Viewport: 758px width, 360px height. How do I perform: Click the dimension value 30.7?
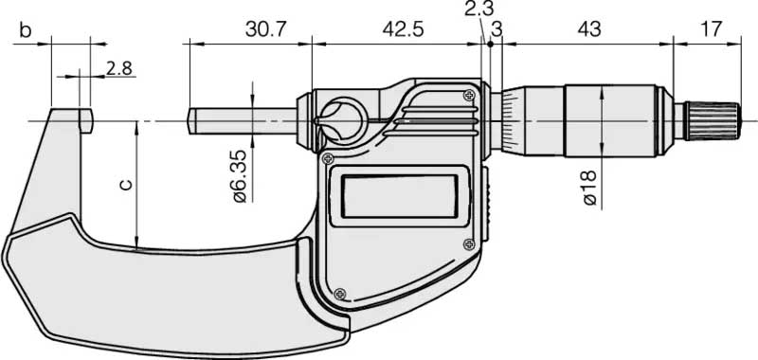click(266, 30)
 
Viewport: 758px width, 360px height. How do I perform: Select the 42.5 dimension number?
click(403, 30)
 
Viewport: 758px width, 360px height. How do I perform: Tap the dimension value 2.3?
click(479, 9)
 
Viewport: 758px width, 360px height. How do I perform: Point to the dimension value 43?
click(589, 30)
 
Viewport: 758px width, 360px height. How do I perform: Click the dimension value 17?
click(711, 30)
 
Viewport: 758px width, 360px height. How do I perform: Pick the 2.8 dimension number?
click(119, 68)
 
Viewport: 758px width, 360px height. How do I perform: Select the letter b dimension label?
click(26, 30)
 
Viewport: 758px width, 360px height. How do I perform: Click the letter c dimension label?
click(125, 185)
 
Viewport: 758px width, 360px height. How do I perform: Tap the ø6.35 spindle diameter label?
click(240, 176)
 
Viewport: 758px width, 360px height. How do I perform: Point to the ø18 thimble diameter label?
click(590, 188)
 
